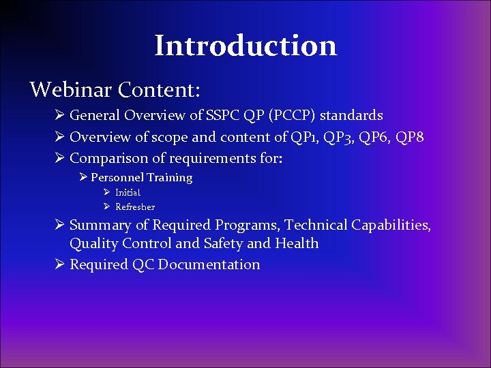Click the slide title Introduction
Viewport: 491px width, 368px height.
point(245,46)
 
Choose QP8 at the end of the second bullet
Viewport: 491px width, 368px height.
point(408,138)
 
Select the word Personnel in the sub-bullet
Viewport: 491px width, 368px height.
point(118,178)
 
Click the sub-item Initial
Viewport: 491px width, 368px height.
point(128,193)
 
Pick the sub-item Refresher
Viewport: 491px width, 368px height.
point(135,207)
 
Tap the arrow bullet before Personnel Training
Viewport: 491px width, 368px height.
point(83,178)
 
